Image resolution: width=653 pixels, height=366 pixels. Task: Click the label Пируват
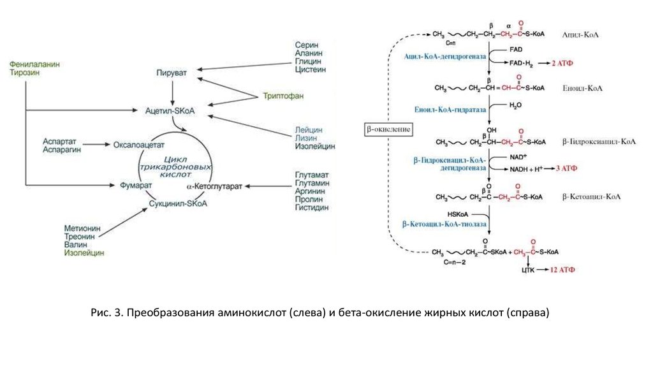[x=172, y=73]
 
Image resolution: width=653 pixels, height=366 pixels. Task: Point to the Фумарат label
[x=135, y=186]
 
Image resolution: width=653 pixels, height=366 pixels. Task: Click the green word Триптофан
[x=281, y=96]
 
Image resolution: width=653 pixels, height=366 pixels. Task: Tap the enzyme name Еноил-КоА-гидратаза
[x=450, y=109]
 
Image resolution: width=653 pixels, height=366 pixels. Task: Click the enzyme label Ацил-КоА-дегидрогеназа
[x=445, y=56]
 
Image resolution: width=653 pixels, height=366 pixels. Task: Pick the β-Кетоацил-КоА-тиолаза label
[x=444, y=224]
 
